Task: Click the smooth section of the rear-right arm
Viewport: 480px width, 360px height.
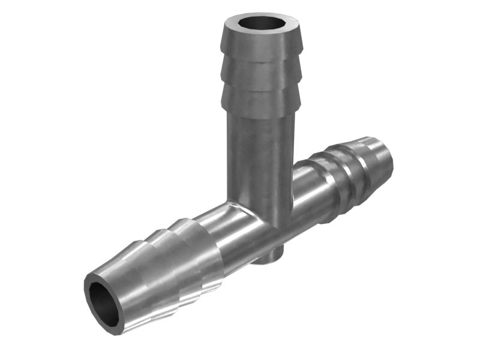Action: (x=306, y=192)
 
